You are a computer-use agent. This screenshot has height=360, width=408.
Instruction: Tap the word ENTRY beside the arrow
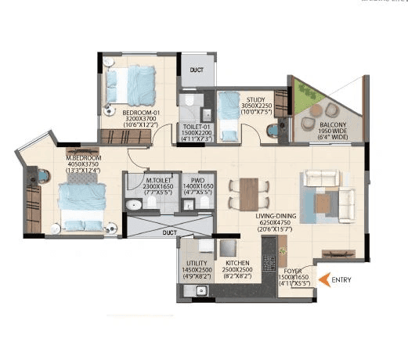(341, 279)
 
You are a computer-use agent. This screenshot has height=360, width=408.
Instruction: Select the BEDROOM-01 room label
(141, 113)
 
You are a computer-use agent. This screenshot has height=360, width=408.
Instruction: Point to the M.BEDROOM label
(84, 157)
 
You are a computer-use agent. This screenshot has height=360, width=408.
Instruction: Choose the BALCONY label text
(334, 125)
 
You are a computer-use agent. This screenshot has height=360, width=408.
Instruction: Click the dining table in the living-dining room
(247, 193)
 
